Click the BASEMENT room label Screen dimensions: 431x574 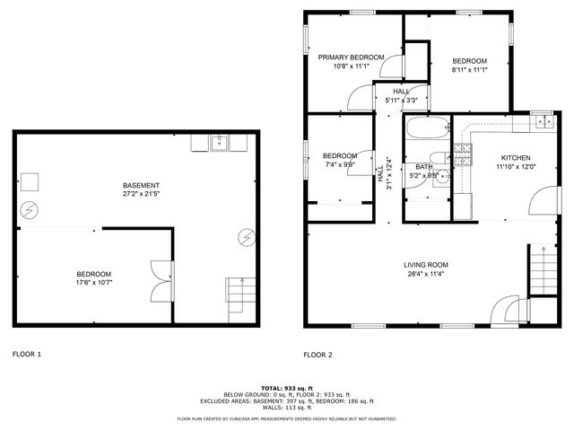pyautogui.click(x=142, y=185)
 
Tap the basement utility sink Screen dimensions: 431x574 pyautogui.click(x=218, y=141)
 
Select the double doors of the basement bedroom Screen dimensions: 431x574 pyautogui.click(x=159, y=281)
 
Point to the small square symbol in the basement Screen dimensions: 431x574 pyautogui.click(x=30, y=180)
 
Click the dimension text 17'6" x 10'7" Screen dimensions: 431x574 pyautogui.click(x=93, y=283)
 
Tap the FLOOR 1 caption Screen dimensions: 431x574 pyautogui.click(x=27, y=355)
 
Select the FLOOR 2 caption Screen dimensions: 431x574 pyautogui.click(x=318, y=355)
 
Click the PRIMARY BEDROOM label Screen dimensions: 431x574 pyautogui.click(x=352, y=57)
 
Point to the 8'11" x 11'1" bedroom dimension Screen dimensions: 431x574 pyautogui.click(x=470, y=70)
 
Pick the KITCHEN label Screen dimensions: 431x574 pyautogui.click(x=516, y=157)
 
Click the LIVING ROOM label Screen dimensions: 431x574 pyautogui.click(x=426, y=265)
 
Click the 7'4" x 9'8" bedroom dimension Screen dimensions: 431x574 pyautogui.click(x=340, y=164)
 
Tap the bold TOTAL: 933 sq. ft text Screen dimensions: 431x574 pyautogui.click(x=286, y=387)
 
